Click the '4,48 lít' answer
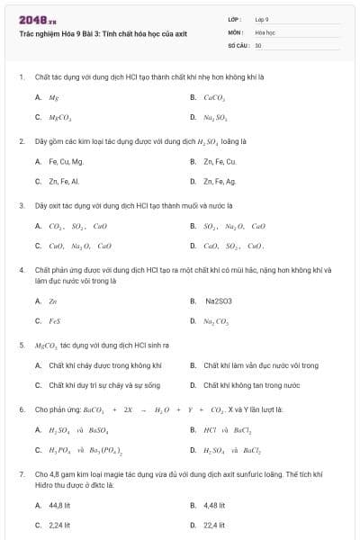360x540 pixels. point(215,505)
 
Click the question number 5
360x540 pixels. point(22,345)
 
